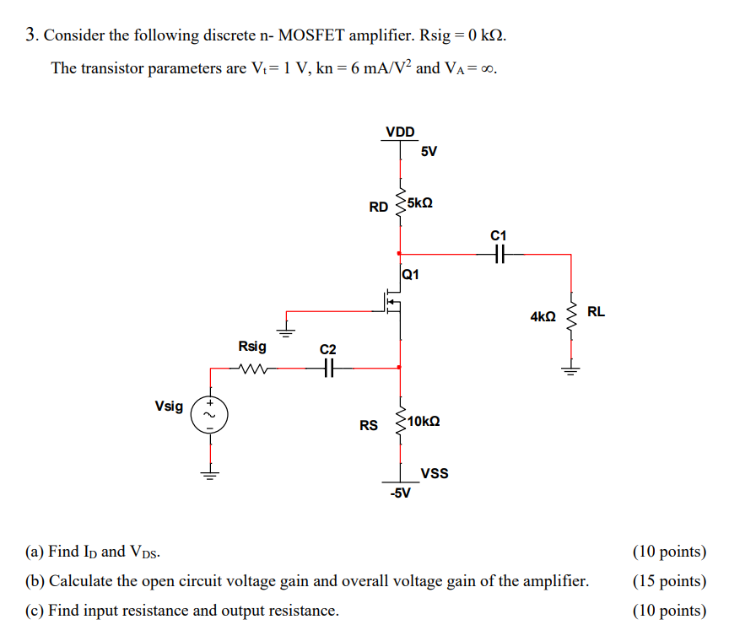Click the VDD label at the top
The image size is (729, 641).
click(x=400, y=132)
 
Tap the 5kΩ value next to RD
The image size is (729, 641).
click(x=419, y=204)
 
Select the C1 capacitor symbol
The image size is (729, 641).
click(x=499, y=252)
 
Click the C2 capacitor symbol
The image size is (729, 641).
click(x=328, y=367)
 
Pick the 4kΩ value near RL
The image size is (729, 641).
click(x=543, y=316)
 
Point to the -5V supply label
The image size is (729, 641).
click(x=400, y=493)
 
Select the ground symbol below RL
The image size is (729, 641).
click(x=571, y=367)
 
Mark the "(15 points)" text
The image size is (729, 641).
click(x=669, y=581)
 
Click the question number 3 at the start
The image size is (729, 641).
click(x=30, y=35)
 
